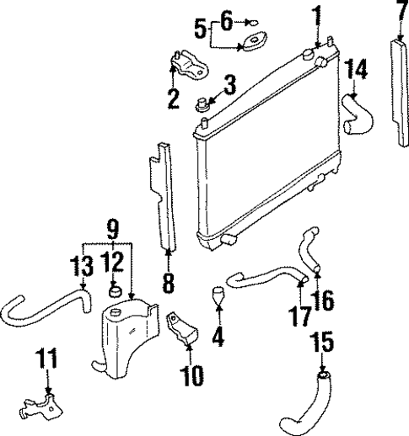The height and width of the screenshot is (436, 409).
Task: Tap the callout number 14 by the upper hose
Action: click(x=358, y=70)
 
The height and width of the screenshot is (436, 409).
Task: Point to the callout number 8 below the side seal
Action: click(x=168, y=283)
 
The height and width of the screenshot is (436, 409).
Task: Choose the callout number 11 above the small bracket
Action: click(x=49, y=359)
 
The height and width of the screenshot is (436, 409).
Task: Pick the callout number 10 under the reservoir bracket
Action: click(x=192, y=374)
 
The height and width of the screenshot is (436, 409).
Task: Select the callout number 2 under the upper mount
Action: click(x=174, y=99)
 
